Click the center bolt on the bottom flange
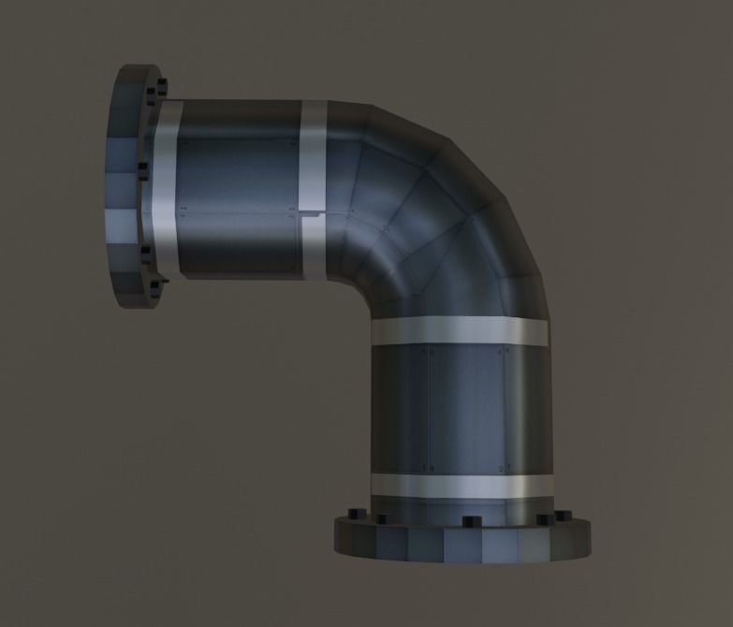[x=465, y=520]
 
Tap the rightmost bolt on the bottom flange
[x=562, y=515]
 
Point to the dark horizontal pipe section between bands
[x=239, y=192]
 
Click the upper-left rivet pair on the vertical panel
[x=427, y=354]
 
